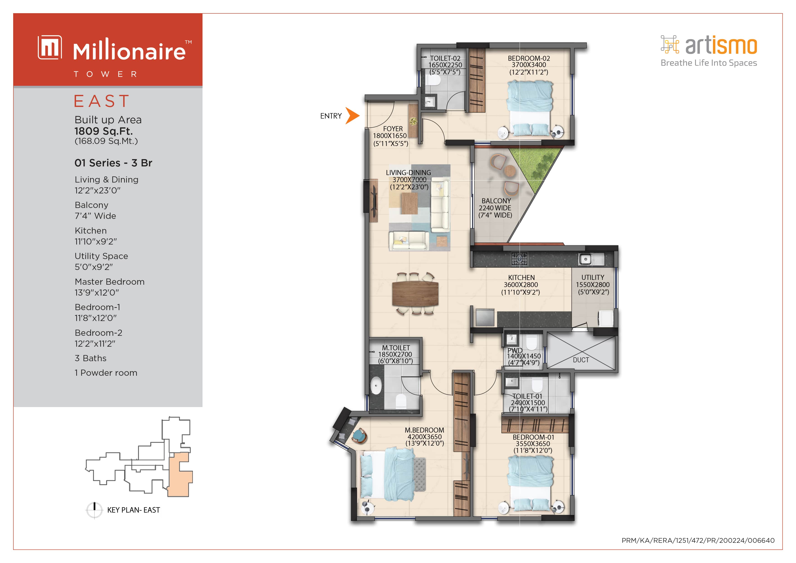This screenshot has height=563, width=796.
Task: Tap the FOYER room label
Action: pyautogui.click(x=393, y=129)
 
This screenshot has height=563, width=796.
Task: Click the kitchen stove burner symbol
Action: pyautogui.click(x=519, y=259)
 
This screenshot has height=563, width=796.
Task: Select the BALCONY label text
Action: pyautogui.click(x=496, y=201)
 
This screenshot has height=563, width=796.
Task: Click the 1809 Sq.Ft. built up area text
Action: pyautogui.click(x=103, y=131)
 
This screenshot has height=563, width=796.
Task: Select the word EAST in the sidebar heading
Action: pyautogui.click(x=102, y=101)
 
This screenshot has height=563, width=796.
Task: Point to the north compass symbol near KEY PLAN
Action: pyautogui.click(x=94, y=510)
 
